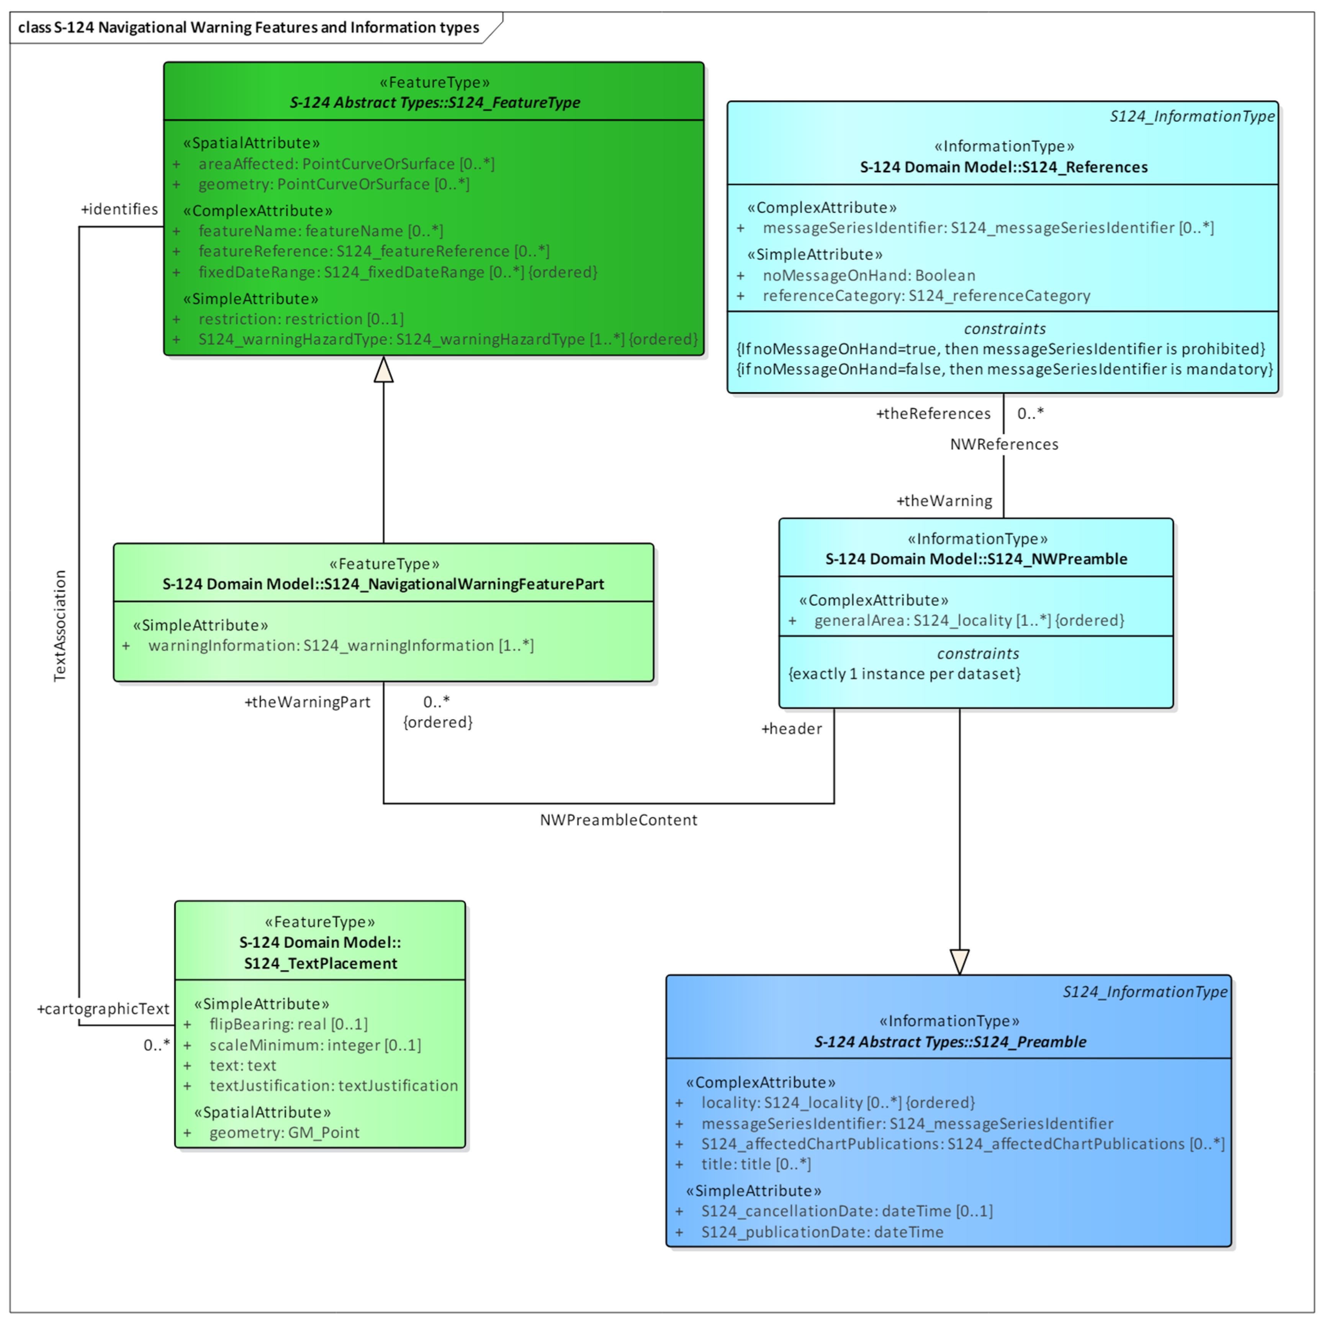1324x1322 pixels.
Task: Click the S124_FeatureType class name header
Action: tap(434, 103)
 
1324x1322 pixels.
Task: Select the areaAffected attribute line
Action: tap(346, 164)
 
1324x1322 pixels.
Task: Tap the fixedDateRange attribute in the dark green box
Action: tap(398, 272)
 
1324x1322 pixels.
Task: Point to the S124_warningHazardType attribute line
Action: tap(447, 339)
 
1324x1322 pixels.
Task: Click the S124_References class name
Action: tap(1003, 167)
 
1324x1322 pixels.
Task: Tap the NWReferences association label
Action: tap(1003, 444)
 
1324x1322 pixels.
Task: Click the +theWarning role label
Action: tap(944, 501)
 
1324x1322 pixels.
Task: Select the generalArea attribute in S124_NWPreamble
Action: tap(968, 620)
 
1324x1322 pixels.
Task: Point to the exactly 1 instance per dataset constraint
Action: tap(904, 674)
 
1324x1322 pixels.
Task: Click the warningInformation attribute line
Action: tap(340, 646)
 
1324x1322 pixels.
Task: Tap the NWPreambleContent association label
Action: tap(618, 820)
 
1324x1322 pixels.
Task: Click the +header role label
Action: tap(792, 728)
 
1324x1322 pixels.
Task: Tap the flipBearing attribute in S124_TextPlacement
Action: tap(288, 1024)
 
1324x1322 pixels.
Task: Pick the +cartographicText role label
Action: tap(103, 1009)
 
